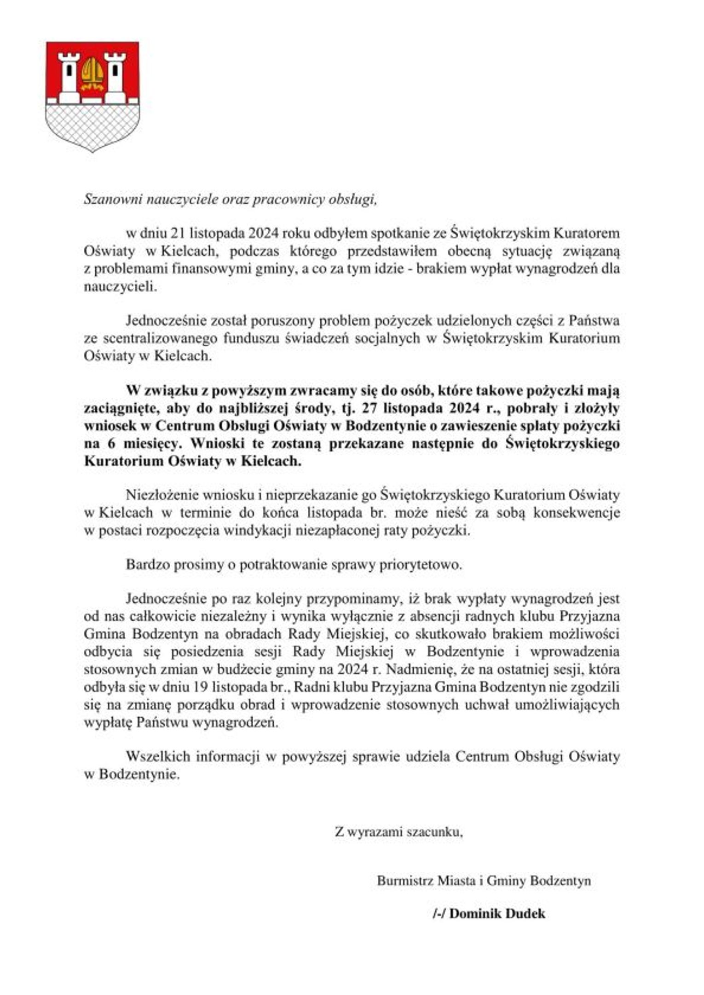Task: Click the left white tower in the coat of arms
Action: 69,76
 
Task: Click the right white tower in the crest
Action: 115,76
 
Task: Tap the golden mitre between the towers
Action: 92,74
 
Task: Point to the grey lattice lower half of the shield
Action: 92,126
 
